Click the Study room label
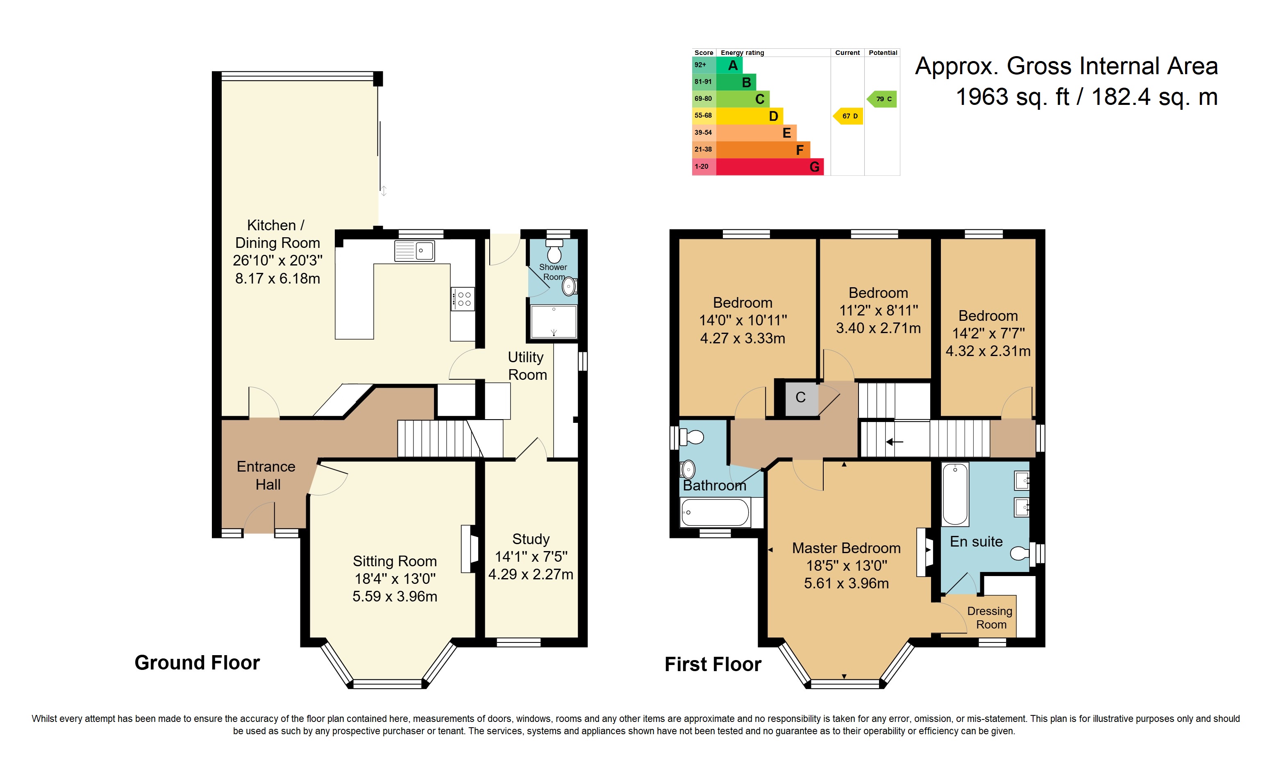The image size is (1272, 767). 531,539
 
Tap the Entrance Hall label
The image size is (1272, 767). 266,475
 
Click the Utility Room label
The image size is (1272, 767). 527,366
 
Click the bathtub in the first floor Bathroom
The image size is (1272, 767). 715,513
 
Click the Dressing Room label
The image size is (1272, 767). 990,618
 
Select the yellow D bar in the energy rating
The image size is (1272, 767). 750,116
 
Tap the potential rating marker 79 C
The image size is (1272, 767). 882,99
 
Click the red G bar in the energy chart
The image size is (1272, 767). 770,167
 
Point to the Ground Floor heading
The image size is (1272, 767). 197,663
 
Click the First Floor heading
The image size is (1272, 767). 713,664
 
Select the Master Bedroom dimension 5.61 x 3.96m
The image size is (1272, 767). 846,583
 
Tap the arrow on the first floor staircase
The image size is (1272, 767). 895,442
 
